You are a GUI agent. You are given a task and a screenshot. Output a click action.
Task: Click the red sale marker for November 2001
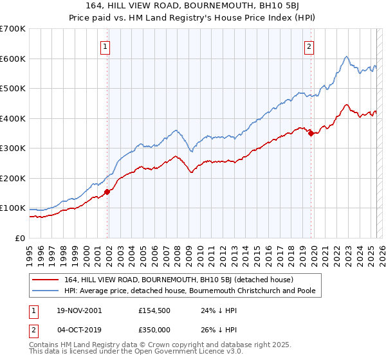107,192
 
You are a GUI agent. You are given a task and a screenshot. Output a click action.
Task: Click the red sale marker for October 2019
311,134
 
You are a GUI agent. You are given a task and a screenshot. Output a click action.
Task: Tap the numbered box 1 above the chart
105,46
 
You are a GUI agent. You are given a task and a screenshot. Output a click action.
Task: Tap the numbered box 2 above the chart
309,46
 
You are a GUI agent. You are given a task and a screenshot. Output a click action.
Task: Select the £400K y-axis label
13,118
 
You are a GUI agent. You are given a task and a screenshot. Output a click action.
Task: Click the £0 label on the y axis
21,238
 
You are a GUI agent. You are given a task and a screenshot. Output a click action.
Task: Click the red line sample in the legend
44,280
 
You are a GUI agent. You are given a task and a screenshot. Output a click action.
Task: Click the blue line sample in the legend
44,291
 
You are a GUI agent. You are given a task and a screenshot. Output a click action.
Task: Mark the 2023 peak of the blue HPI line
346,57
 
